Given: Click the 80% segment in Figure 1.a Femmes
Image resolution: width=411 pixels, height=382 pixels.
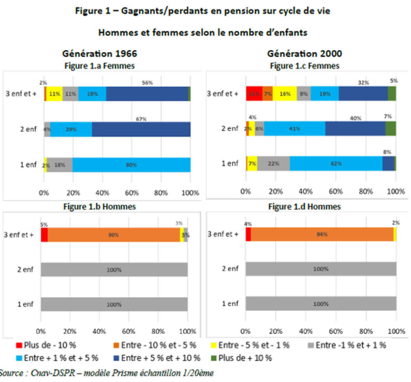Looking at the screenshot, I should coord(131,165).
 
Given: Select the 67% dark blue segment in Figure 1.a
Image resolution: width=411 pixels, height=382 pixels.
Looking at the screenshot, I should coord(141,129).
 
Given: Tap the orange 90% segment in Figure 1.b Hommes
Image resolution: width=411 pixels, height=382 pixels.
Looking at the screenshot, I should coord(114,235).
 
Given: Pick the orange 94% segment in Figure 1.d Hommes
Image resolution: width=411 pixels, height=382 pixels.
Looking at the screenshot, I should coord(322,234).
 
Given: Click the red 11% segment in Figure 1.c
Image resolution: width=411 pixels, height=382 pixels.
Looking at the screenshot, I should coord(254,94).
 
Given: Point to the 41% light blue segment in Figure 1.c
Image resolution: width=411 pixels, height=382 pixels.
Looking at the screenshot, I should coord(295,129).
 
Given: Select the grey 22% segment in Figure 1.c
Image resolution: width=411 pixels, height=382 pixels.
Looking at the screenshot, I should coord(273,163).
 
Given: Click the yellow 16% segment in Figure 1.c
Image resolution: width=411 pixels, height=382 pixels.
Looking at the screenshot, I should coord(285,94).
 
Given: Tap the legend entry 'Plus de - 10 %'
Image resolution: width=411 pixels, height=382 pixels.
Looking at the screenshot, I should coord(46,345).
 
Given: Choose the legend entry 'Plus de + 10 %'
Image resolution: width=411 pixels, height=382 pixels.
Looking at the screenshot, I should coord(241,358).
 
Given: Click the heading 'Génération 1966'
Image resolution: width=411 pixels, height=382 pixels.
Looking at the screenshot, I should coord(100,54).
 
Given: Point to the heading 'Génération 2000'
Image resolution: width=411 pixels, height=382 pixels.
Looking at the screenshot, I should coord(304,54).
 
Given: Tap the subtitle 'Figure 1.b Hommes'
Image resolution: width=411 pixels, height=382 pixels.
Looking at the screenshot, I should coord(100,207).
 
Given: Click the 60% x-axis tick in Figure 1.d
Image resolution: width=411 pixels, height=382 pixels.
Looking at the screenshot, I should coord(336,331).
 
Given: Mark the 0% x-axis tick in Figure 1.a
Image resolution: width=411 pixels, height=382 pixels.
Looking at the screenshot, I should coord(44,193).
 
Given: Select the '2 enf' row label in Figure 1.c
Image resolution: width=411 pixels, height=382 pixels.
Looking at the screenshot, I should coord(229,129).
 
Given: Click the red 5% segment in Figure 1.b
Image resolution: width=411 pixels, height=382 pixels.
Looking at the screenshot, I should coord(44,235).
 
